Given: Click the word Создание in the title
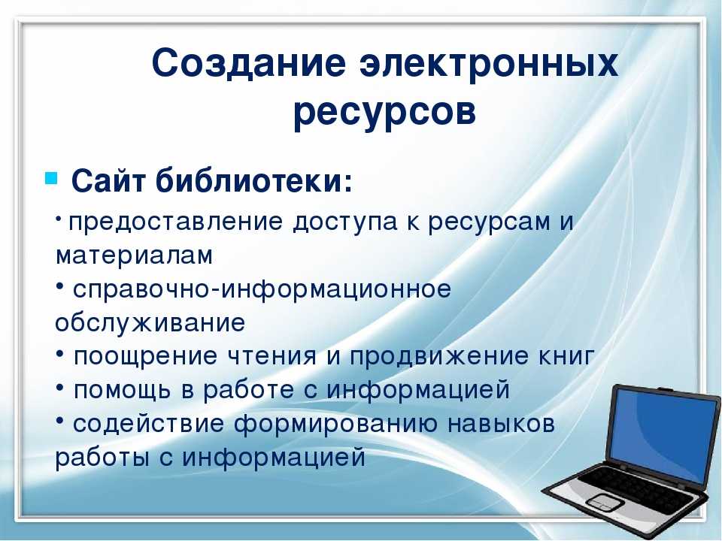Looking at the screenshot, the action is (x=249, y=62).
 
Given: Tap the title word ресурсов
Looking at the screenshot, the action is (x=384, y=112).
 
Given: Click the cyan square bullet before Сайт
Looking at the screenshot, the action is (x=50, y=177).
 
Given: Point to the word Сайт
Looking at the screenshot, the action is (x=108, y=180).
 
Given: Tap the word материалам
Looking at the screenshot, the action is (x=134, y=255).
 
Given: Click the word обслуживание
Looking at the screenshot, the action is (x=150, y=323).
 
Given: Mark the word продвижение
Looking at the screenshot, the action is (x=439, y=356).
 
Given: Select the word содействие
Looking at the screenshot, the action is (x=148, y=424).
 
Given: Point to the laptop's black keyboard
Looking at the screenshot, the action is (x=636, y=484).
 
